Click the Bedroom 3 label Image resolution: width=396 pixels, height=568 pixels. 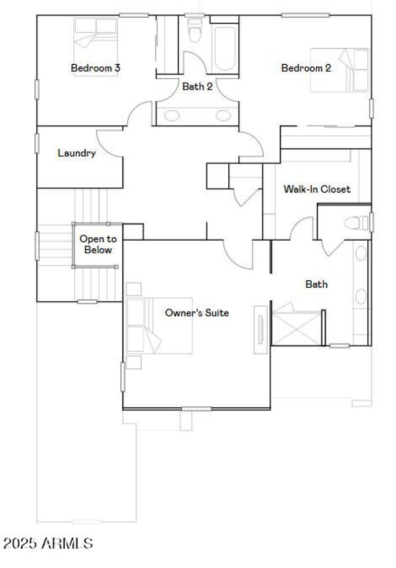[x=96, y=68]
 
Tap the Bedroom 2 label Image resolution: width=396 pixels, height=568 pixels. [x=306, y=68]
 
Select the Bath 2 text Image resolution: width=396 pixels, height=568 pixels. [x=198, y=87]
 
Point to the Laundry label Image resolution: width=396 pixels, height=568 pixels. [x=77, y=153]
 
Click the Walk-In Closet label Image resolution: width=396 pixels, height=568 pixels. [x=317, y=189]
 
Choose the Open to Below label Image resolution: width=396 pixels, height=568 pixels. [x=98, y=244]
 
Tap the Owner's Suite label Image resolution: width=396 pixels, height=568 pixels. [x=197, y=312]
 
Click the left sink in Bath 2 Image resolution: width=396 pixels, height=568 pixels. [x=172, y=116]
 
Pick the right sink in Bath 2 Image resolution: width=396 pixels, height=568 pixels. [x=223, y=116]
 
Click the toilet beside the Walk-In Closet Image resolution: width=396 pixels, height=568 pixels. [x=355, y=223]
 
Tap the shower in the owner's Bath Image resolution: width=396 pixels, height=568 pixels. [x=297, y=327]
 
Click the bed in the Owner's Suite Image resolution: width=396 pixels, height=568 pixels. [x=158, y=325]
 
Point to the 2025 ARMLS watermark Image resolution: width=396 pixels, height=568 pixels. [x=48, y=544]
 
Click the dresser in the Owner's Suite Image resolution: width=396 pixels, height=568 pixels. [x=260, y=329]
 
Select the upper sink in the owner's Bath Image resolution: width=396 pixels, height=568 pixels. [x=361, y=253]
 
